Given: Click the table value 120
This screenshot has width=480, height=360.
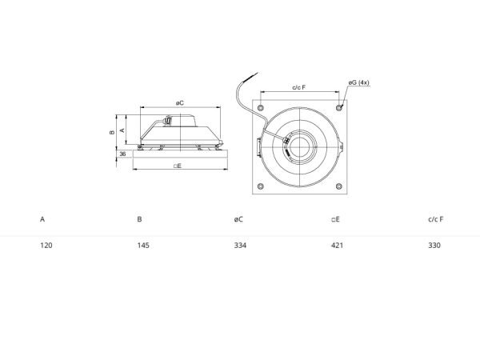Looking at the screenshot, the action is coord(46,246).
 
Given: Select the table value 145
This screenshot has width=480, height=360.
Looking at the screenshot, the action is coord(143,246).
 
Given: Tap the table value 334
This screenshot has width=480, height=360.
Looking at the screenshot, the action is coord(240,246).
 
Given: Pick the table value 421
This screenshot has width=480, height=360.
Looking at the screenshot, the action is coord(337,246).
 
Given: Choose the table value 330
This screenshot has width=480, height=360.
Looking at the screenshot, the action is coord(434,246).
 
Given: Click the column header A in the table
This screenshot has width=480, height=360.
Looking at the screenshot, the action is coord(42,219).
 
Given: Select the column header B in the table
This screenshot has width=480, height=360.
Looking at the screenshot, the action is coord(139,219).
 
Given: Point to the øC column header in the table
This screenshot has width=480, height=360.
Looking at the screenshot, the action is coord(238,219).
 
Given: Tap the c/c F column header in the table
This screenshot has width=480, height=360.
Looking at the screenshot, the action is coord(436,219).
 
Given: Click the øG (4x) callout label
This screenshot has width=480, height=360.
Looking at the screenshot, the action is coord(358,82).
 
